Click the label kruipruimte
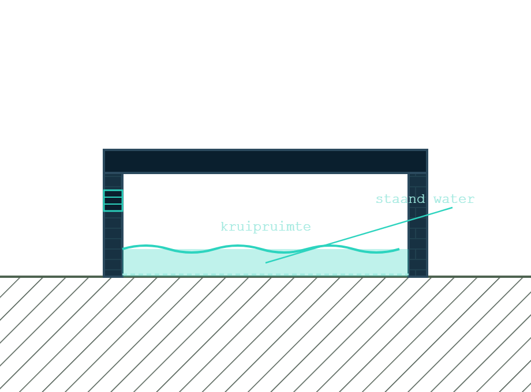pos(265,227)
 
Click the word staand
pos(401,199)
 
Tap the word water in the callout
pos(454,199)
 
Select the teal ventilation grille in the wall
pos(113,201)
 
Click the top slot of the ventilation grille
pos(113,194)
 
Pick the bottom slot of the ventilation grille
pos(113,208)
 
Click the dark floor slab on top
pos(265,161)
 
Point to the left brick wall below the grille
pos(113,243)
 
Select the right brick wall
pos(418,225)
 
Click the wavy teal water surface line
pos(261,249)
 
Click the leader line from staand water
pos(359,235)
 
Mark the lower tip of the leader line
pos(266,263)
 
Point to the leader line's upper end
pos(453,208)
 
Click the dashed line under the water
pos(265,274)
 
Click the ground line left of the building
pos(51,277)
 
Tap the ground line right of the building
pos(480,277)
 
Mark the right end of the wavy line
pos(399,249)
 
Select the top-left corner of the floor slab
pos(103,149)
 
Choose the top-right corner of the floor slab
pos(428,149)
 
